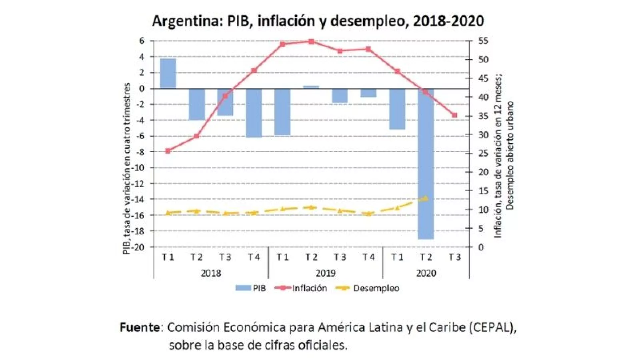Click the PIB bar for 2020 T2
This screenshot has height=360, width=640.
pos(426,164)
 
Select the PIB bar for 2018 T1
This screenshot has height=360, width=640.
pos(168,74)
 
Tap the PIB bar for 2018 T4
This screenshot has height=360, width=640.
pos(254,113)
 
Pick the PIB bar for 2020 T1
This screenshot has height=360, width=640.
pos(397,109)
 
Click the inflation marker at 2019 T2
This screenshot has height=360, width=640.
pos(311,41)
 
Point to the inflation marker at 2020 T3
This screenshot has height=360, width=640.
pos(454,115)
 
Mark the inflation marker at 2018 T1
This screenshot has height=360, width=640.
pos(168,151)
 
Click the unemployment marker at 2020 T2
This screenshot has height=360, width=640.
pos(426,198)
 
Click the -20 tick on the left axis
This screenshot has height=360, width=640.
pos(139,247)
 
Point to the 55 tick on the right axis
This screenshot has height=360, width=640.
pos(483,41)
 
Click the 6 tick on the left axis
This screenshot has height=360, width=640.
pos(142,41)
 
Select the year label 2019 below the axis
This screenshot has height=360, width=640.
pos(326,273)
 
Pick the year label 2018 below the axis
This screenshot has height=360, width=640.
pos(211,273)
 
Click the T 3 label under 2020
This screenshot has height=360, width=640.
pos(454,257)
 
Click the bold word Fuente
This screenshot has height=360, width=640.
pos(140,327)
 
